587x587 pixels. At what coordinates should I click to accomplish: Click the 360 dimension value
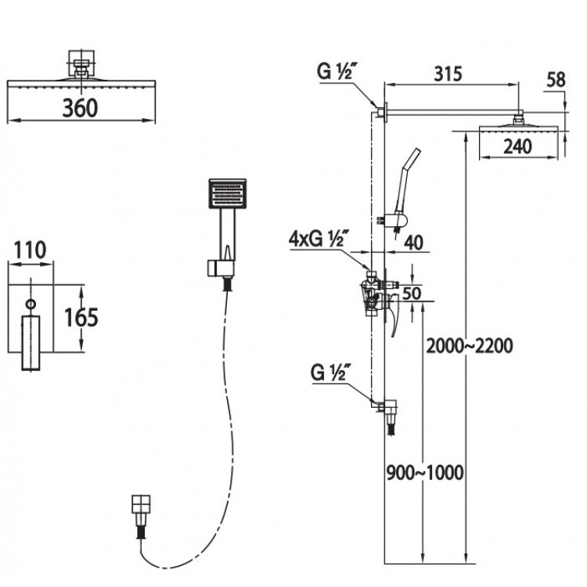pyautogui.click(x=80, y=108)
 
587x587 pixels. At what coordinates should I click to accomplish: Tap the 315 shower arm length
pyautogui.click(x=448, y=74)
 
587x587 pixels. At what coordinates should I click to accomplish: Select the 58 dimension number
pyautogui.click(x=556, y=80)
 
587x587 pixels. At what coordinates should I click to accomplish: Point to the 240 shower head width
pyautogui.click(x=517, y=146)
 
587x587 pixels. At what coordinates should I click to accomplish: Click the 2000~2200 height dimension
pyautogui.click(x=470, y=345)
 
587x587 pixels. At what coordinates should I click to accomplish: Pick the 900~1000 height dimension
pyautogui.click(x=425, y=473)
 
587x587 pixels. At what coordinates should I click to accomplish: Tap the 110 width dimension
pyautogui.click(x=30, y=250)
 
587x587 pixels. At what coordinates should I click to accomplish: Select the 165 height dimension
pyautogui.click(x=81, y=318)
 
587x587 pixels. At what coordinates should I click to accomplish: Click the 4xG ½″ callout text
pyautogui.click(x=319, y=239)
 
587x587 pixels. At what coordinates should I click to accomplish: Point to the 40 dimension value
pyautogui.click(x=414, y=243)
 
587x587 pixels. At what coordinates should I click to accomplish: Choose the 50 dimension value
pyautogui.click(x=412, y=293)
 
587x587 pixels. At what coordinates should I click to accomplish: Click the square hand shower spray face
pyautogui.click(x=227, y=193)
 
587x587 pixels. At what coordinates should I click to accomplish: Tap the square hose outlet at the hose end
pyautogui.click(x=141, y=504)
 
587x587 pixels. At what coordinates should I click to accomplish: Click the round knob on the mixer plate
pyautogui.click(x=31, y=304)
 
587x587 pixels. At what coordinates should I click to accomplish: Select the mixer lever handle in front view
pyautogui.click(x=31, y=343)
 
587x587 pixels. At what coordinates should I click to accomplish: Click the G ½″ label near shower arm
pyautogui.click(x=336, y=71)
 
